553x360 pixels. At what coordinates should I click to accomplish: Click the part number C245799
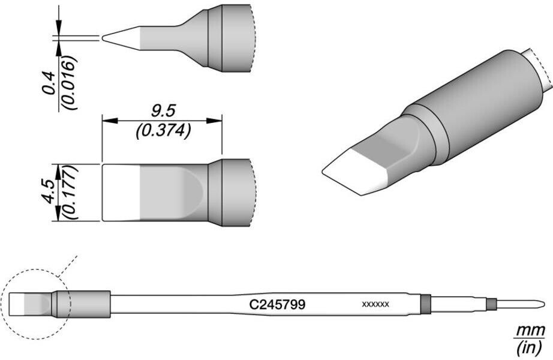point(277,305)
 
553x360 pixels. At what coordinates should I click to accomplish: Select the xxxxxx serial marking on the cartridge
point(375,305)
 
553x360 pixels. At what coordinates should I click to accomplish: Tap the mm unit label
point(530,331)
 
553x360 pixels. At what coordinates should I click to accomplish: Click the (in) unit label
point(530,347)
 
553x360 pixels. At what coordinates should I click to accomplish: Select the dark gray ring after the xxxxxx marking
point(425,304)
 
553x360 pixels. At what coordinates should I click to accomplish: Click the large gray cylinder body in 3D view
point(486,108)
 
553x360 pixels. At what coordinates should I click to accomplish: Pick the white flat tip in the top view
point(121,192)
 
